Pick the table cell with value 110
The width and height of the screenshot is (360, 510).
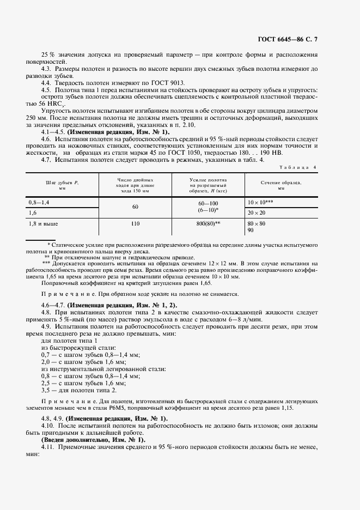pyautogui.click(x=135, y=223)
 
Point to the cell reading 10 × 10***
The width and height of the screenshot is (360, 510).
pyautogui.click(x=260, y=202)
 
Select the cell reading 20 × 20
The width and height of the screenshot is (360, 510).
pyautogui.click(x=257, y=212)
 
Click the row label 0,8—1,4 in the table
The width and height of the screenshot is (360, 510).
pyautogui.click(x=39, y=202)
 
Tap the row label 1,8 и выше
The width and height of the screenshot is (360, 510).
pyautogui.click(x=43, y=223)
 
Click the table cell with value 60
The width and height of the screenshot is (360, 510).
pyautogui.click(x=135, y=207)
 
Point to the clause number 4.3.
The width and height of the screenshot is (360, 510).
pyautogui.click(x=46, y=70)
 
